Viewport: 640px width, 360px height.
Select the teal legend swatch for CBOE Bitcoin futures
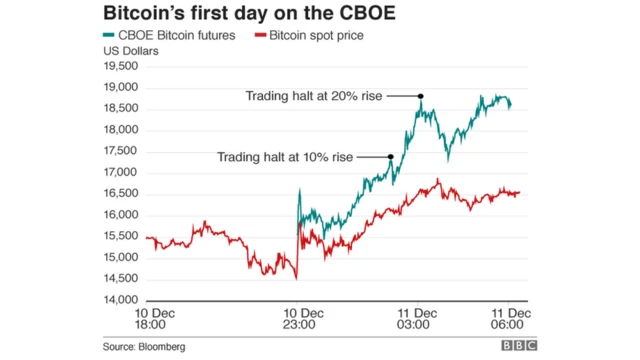(108, 37)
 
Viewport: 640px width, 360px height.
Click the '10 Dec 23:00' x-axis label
(296, 319)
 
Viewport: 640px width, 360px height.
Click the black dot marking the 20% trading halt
(421, 96)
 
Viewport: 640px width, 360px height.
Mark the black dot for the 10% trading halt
(390, 156)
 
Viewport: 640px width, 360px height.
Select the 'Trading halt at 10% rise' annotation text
(284, 156)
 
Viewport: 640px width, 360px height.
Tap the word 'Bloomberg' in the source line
(163, 346)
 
